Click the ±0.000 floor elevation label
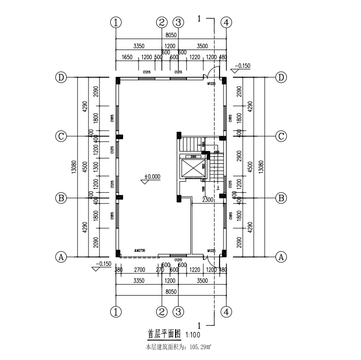point(152,176)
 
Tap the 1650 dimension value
point(128,57)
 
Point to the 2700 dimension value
point(139,270)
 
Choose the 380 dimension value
point(119,270)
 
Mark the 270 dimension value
point(160,270)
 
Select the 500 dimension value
point(158,57)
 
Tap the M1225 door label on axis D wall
point(212,84)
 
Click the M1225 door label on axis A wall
point(212,251)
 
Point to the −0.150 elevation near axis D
point(242,65)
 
